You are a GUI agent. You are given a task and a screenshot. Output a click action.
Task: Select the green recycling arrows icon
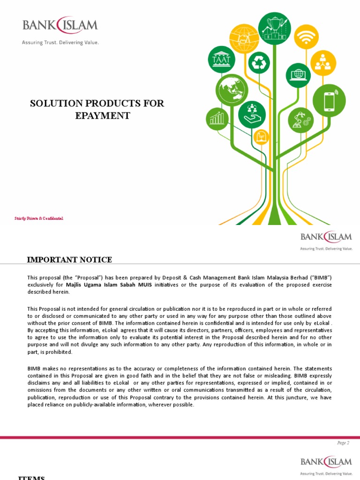[259, 63]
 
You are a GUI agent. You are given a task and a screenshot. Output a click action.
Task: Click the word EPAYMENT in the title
[103, 115]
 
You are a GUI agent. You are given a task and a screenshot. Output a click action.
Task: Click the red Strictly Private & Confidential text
[39, 218]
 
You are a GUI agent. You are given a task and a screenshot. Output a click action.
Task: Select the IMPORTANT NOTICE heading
[69, 260]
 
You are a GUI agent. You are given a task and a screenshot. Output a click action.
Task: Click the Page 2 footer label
[343, 442]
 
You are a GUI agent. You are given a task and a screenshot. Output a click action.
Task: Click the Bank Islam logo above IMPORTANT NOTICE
[326, 237]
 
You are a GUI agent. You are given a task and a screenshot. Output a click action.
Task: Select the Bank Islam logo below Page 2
[326, 462]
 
